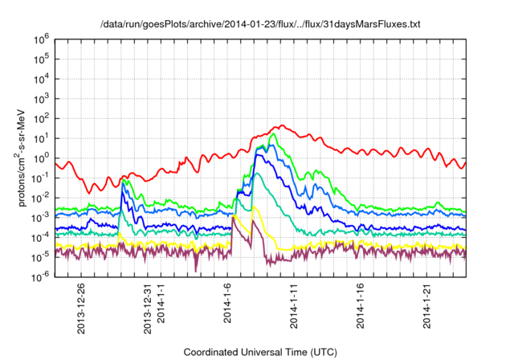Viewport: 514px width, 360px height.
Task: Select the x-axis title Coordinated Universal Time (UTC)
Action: (264, 352)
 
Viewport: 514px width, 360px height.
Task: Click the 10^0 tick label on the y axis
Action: (44, 157)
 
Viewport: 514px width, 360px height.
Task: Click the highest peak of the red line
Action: (280, 126)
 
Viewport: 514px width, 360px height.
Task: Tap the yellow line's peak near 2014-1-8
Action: (254, 207)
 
